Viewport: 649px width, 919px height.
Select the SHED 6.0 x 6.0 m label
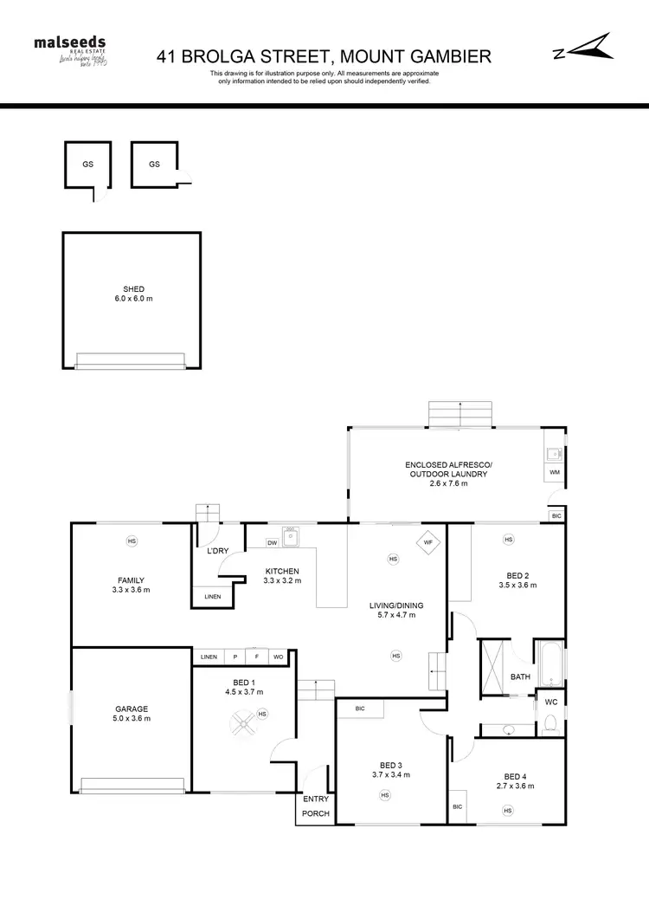point(132,294)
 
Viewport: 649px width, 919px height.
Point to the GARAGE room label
point(132,713)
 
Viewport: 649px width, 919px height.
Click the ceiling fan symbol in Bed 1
point(242,720)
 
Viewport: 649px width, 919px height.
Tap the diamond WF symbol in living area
point(427,543)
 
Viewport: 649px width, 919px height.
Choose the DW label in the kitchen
point(272,543)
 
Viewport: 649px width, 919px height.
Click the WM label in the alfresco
point(555,472)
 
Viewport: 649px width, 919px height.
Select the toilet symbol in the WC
point(549,723)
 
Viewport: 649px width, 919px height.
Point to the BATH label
point(520,677)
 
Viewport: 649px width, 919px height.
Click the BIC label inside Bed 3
point(359,709)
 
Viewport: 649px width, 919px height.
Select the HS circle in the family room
point(132,541)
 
